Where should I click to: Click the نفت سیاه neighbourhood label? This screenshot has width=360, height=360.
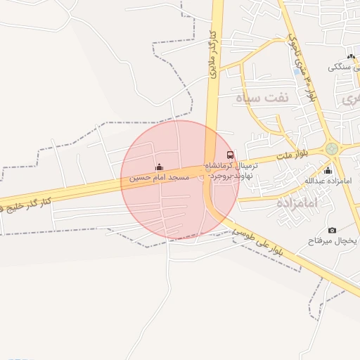263,97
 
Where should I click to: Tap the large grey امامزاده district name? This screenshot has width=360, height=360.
297,202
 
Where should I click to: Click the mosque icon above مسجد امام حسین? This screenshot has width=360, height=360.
159,167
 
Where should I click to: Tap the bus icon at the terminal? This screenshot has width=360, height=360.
230,155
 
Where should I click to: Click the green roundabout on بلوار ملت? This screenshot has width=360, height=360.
331,149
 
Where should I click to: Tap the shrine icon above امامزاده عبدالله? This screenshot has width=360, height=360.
327,170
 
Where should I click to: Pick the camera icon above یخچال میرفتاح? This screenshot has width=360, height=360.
332,230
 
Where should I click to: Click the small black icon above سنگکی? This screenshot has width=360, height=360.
350,56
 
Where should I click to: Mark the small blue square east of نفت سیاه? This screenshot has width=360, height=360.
294,71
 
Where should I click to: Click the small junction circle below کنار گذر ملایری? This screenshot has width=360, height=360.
209,161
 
